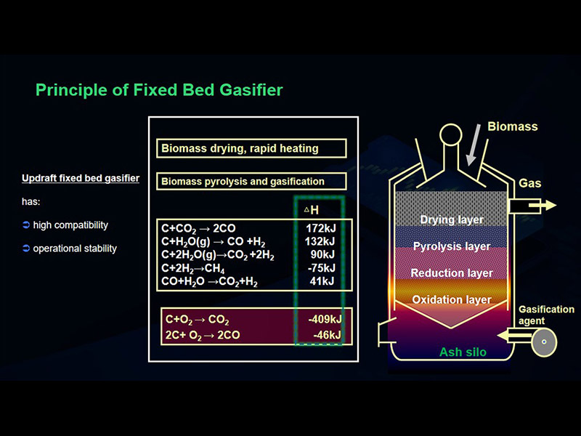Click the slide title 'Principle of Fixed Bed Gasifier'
point(159,90)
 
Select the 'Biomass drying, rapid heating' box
point(251,148)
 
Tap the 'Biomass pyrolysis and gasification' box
point(251,181)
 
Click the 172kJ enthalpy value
point(321,228)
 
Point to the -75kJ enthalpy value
point(322,267)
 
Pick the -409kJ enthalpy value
point(325,319)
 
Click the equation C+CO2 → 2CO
point(198,229)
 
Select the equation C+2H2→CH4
point(193,268)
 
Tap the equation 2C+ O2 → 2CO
point(203,336)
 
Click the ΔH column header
point(312,210)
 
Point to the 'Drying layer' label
point(452,220)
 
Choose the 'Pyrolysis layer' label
point(452,246)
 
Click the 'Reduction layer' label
point(452,273)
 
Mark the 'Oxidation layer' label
point(452,299)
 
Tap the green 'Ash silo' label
point(463,352)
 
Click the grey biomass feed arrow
point(473,145)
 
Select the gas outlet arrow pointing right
point(543,205)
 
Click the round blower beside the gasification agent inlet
point(544,342)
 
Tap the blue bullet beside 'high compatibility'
point(26,225)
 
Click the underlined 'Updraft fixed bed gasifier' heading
point(81,178)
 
